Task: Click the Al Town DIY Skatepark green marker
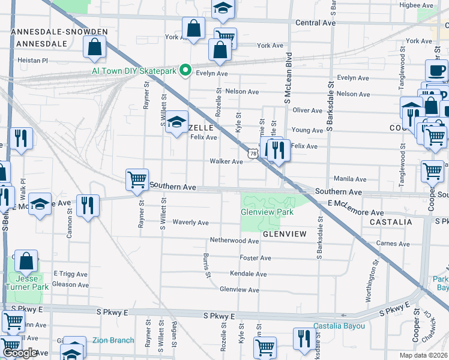(x=185, y=71)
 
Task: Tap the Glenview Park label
(x=267, y=212)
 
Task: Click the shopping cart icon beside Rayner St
(x=137, y=179)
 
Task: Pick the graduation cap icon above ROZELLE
(x=176, y=122)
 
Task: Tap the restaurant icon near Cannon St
(x=88, y=206)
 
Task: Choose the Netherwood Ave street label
(x=234, y=241)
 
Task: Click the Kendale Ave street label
(x=248, y=274)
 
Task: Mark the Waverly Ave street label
(x=190, y=223)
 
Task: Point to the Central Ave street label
(x=315, y=22)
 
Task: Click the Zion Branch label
(x=113, y=340)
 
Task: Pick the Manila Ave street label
(x=350, y=179)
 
